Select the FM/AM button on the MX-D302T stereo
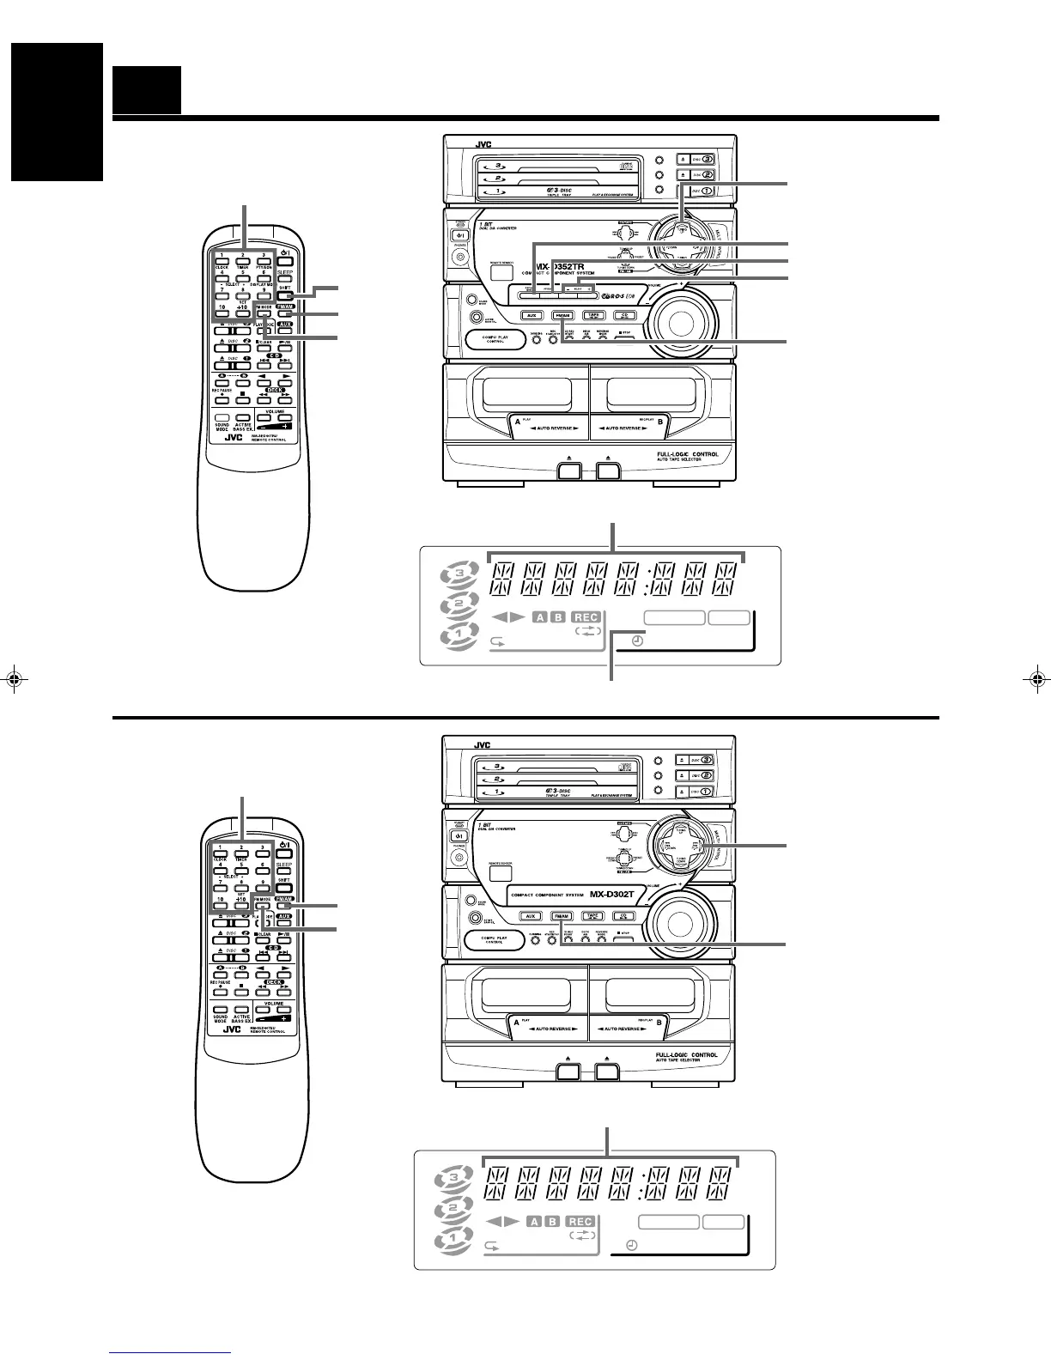point(562,916)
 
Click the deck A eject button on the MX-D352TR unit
point(567,471)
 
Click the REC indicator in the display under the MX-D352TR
point(586,617)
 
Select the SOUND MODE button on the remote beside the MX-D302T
point(221,1011)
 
